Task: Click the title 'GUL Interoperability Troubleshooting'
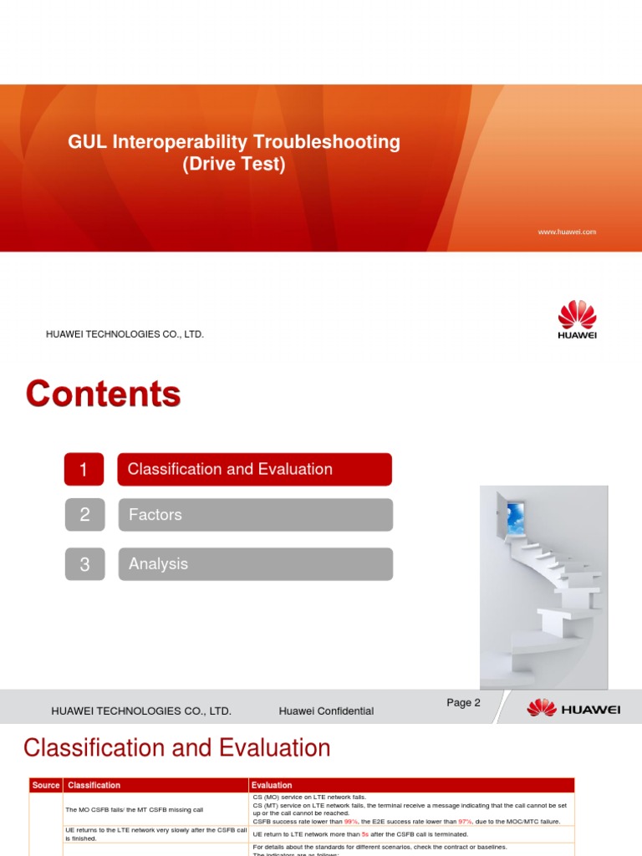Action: pyautogui.click(x=234, y=142)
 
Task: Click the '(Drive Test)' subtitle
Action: pyautogui.click(x=234, y=165)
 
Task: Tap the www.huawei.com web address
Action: pyautogui.click(x=567, y=232)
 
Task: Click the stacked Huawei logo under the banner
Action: pyautogui.click(x=577, y=320)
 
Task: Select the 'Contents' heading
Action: pyautogui.click(x=103, y=394)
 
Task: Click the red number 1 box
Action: pyautogui.click(x=84, y=469)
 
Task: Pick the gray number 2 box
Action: pyautogui.click(x=84, y=515)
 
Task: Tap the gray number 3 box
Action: pyautogui.click(x=84, y=564)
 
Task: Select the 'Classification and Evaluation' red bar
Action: pyautogui.click(x=254, y=469)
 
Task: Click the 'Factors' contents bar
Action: pyautogui.click(x=254, y=515)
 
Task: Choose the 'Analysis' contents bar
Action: pyautogui.click(x=254, y=564)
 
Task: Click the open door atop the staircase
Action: pyautogui.click(x=511, y=514)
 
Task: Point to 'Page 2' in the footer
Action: pyautogui.click(x=463, y=703)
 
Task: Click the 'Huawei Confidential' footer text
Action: pyautogui.click(x=326, y=711)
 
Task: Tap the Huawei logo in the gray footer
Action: pyautogui.click(x=573, y=709)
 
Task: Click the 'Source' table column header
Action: pyautogui.click(x=46, y=785)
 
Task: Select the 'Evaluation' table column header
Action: pyautogui.click(x=272, y=785)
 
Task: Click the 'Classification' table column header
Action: pyautogui.click(x=94, y=785)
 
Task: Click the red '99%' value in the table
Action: pyautogui.click(x=349, y=822)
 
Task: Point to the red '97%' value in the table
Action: pyautogui.click(x=465, y=822)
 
